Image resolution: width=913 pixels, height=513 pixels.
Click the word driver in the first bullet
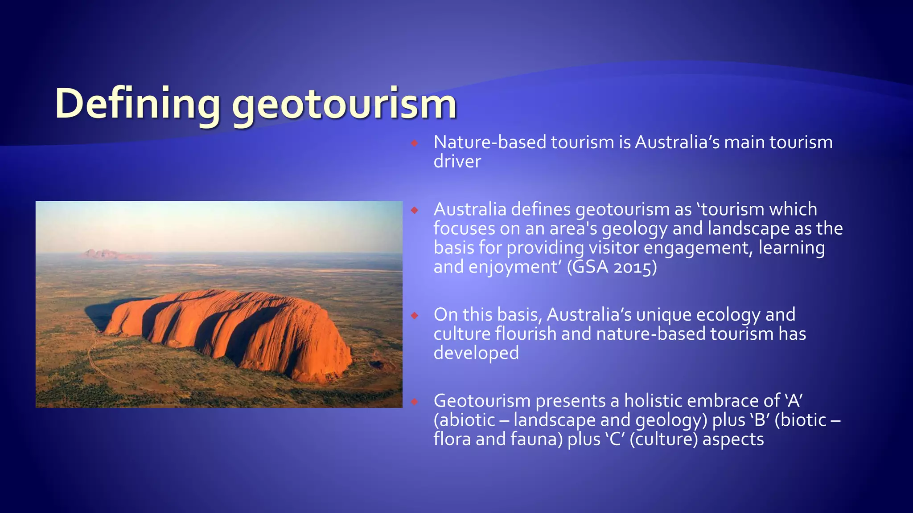pyautogui.click(x=457, y=161)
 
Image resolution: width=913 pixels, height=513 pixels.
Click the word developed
pyautogui.click(x=476, y=353)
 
